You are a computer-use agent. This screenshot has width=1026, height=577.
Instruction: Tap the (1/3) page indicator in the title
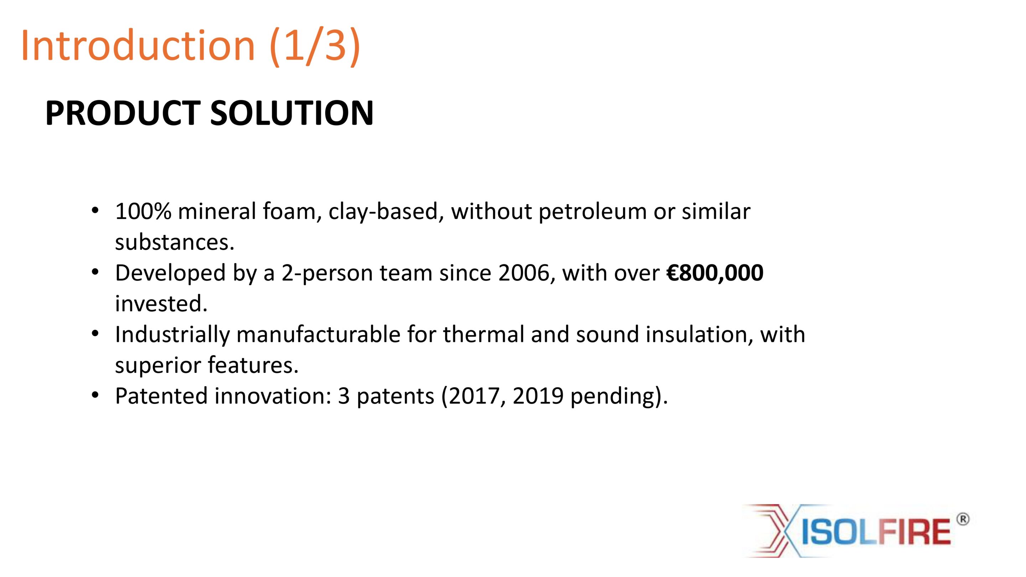[315, 47]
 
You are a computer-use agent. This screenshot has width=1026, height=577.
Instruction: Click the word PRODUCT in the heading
[123, 113]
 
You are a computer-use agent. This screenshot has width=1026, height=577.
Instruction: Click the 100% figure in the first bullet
[143, 211]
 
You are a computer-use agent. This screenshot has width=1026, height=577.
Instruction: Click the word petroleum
[593, 212]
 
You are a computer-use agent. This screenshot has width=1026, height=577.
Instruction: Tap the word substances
[175, 242]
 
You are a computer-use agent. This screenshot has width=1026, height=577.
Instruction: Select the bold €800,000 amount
[715, 273]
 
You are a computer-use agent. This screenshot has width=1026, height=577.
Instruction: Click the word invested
[161, 303]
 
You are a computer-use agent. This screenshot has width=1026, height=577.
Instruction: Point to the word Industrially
[172, 334]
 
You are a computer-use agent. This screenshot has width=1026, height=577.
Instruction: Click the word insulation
[699, 334]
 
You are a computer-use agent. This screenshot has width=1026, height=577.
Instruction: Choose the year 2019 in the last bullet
[538, 396]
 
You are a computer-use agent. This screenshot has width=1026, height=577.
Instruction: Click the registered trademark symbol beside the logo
[963, 519]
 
